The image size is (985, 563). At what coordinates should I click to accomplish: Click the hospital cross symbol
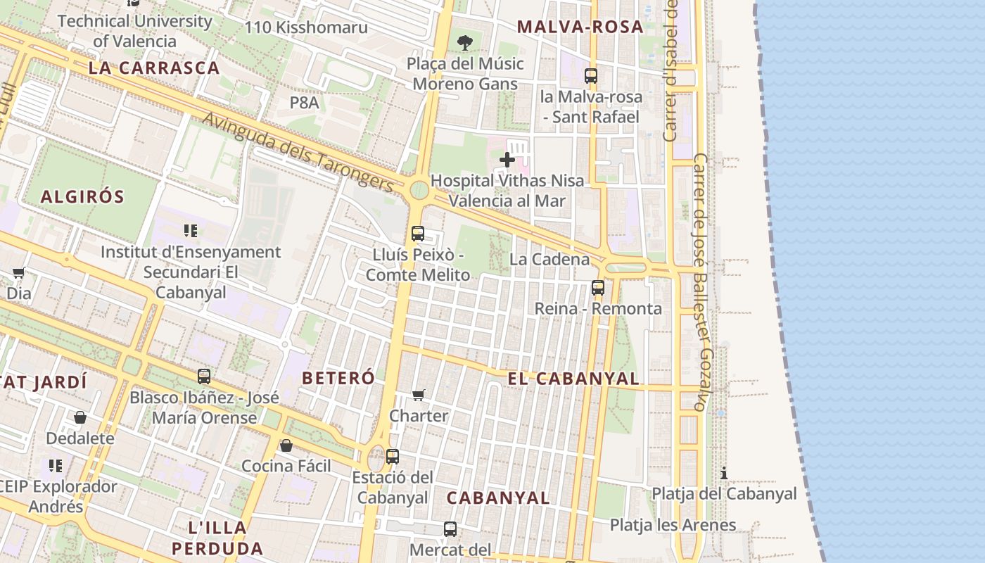point(507,160)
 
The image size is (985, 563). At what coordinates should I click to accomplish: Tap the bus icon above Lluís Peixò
point(418,234)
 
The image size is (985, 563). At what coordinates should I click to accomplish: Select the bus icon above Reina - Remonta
point(597,287)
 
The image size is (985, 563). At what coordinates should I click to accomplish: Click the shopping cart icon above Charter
point(419,395)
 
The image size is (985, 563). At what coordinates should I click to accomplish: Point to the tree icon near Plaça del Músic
point(464,43)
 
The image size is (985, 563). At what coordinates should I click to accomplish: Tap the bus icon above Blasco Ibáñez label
point(204,377)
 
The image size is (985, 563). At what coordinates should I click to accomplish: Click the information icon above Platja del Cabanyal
point(723,473)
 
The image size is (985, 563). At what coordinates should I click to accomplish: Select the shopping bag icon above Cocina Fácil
point(286,445)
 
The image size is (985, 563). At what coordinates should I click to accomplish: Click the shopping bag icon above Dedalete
point(80,417)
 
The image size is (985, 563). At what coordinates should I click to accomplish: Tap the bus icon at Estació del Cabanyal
point(393,457)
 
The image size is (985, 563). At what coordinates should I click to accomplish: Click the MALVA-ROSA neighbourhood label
point(580,27)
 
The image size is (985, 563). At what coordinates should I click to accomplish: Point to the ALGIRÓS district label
point(82,197)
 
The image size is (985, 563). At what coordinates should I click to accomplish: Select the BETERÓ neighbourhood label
point(338,378)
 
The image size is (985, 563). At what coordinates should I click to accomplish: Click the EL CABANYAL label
point(573,379)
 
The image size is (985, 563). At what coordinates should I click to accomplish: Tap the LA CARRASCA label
point(154,68)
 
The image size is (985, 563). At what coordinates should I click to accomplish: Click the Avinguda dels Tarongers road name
point(298,151)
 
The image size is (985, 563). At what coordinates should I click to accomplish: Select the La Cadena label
point(549,259)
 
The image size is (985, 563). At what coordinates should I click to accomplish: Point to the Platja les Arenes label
point(673,525)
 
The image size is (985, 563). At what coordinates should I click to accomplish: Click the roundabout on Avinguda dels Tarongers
point(419,190)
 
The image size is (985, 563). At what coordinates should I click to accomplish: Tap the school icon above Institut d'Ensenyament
point(190,231)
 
